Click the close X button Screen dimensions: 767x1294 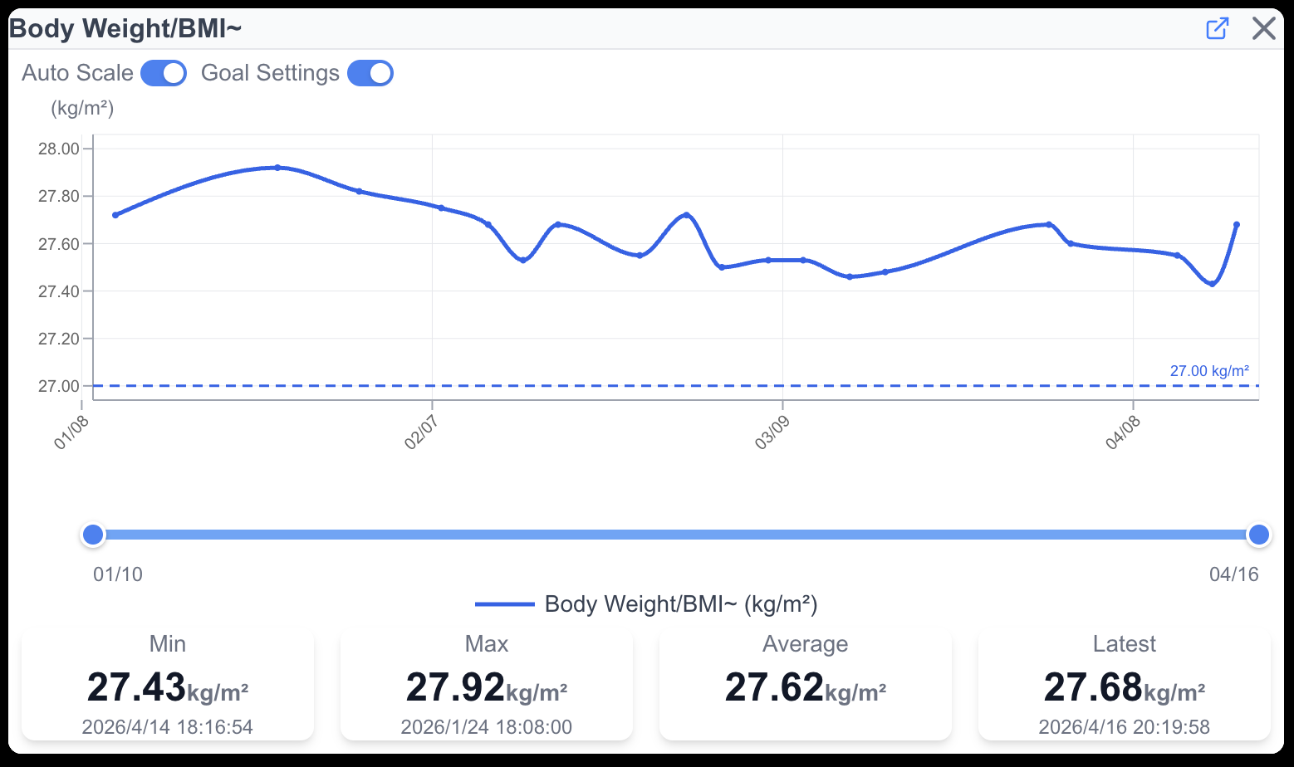[x=1263, y=29]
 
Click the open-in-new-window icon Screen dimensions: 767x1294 [x=1217, y=29]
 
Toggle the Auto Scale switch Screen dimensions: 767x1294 [x=164, y=73]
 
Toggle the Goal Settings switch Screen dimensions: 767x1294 [x=370, y=73]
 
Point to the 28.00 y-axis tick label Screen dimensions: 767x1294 [x=59, y=149]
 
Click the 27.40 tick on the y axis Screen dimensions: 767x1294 [x=59, y=291]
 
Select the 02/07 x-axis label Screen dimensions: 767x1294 [x=421, y=432]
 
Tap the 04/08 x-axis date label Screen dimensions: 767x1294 [x=1122, y=432]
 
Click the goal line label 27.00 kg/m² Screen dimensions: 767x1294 [x=1208, y=371]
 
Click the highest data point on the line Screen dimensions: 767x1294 [x=277, y=168]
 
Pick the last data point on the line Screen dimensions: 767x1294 [x=1237, y=225]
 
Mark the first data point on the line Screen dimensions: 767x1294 [x=115, y=215]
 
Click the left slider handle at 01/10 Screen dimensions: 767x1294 [x=93, y=535]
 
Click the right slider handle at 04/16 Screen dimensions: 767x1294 [x=1259, y=535]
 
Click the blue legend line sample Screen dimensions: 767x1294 [x=504, y=604]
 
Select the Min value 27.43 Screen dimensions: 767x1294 [x=137, y=688]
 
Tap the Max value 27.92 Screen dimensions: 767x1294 [x=456, y=688]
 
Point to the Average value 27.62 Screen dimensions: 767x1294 [x=775, y=688]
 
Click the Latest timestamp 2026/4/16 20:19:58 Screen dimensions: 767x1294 [x=1124, y=727]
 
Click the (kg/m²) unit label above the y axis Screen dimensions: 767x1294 [x=82, y=108]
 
